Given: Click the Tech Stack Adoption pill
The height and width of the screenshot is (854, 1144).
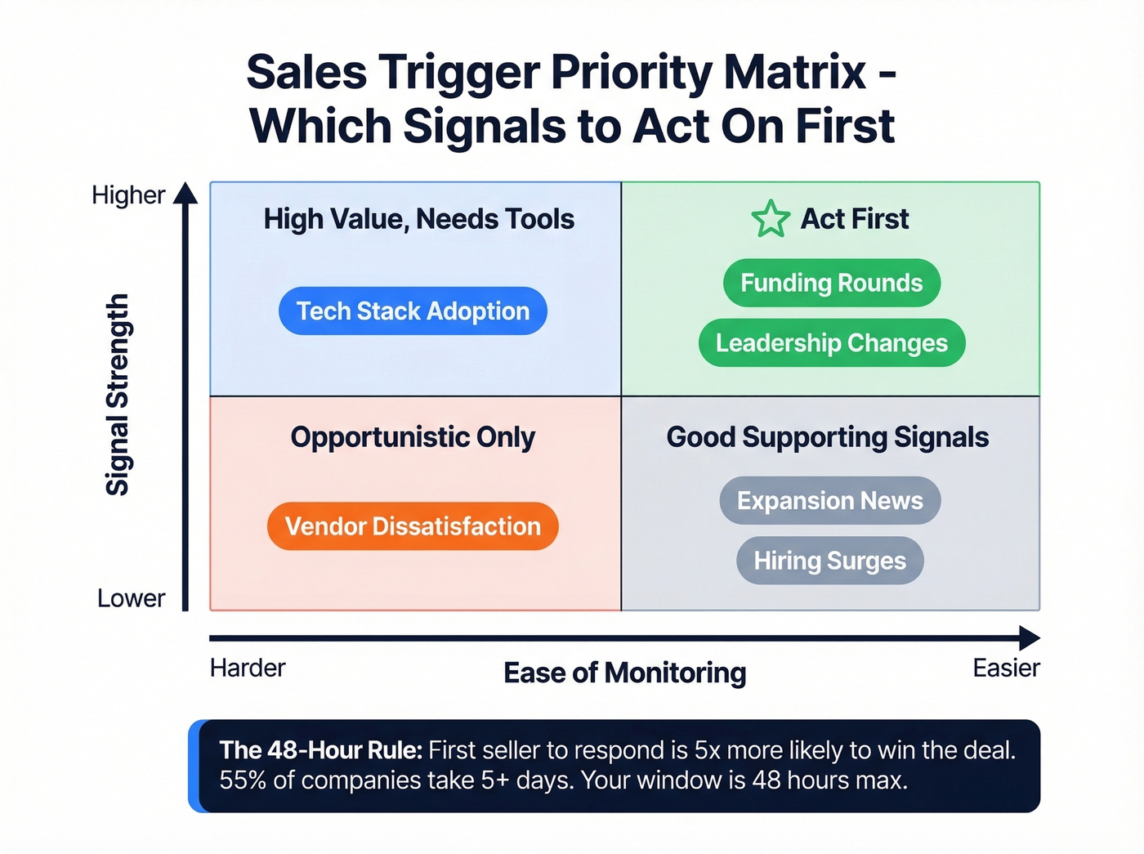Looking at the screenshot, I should (413, 311).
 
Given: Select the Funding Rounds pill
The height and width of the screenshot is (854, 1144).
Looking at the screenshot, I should (831, 283).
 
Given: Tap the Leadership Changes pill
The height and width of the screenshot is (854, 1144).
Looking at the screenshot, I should (831, 343).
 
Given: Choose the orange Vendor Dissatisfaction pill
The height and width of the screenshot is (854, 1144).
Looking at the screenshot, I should (413, 526).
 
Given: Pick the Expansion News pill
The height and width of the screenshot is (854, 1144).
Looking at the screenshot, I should (829, 501).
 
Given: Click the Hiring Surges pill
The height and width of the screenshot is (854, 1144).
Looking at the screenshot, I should (829, 561).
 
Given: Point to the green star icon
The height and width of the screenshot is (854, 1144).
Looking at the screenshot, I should (770, 219).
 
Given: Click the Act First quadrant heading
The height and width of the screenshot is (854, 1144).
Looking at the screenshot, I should (854, 219).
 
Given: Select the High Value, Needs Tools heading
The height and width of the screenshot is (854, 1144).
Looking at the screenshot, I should (418, 219).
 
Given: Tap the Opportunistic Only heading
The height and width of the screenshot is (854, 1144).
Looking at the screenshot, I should (413, 437).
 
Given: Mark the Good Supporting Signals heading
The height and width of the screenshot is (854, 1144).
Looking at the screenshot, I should (827, 437).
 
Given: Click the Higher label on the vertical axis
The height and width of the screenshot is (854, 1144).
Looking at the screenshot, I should (128, 195).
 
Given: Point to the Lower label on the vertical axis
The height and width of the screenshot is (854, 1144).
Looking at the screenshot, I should (131, 598).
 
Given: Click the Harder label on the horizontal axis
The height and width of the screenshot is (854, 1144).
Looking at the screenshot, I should (248, 668).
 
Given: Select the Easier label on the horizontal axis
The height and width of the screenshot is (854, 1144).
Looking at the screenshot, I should (1006, 668).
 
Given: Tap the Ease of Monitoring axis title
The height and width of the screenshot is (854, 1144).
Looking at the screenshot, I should (624, 673).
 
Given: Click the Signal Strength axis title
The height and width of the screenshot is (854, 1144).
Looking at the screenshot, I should (118, 395).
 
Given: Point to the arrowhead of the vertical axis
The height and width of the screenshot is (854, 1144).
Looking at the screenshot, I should (185, 193).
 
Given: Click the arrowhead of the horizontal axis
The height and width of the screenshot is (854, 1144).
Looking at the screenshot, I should (1030, 638).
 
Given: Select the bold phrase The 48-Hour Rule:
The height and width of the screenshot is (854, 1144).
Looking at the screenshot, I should (320, 750).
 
